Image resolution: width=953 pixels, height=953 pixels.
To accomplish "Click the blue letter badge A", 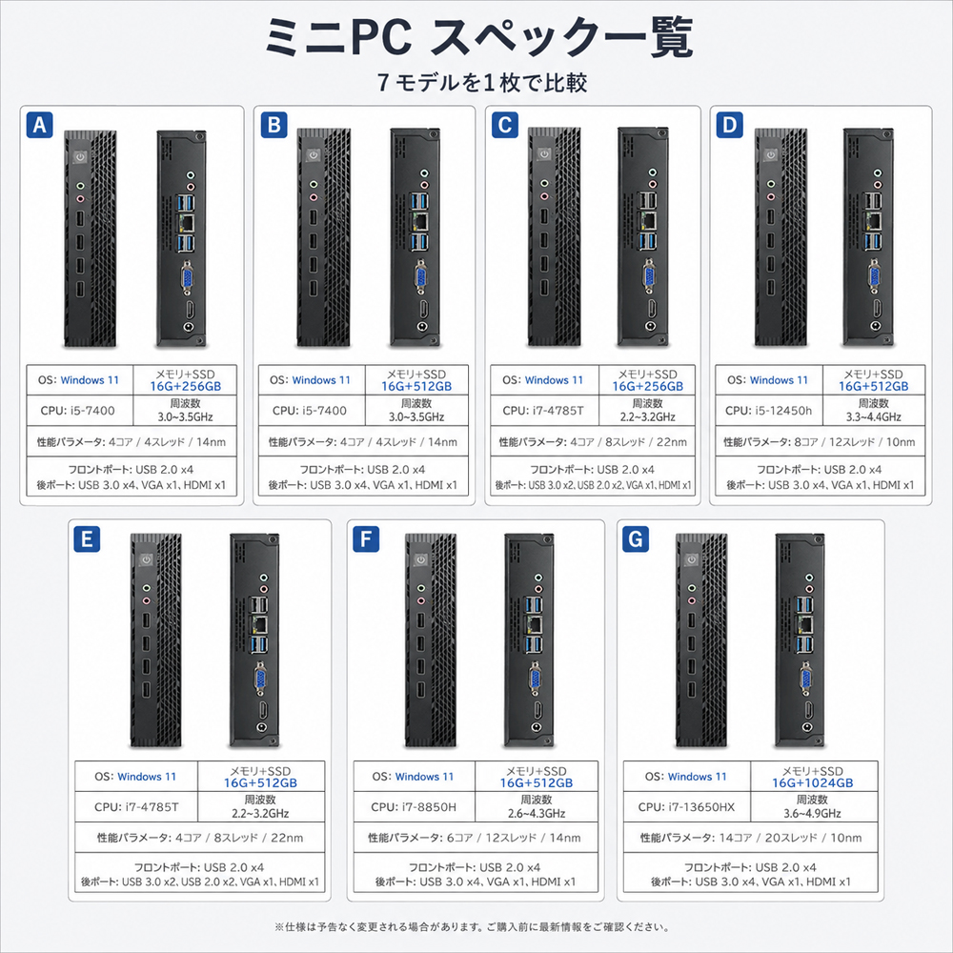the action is tap(39, 125).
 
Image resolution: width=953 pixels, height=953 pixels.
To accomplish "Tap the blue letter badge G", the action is tap(635, 539).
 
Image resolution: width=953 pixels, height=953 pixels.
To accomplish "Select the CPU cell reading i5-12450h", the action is tap(768, 411).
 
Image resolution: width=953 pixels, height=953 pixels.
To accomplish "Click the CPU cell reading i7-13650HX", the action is tap(686, 807).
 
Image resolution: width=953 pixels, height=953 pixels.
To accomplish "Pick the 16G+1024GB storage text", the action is tap(812, 782).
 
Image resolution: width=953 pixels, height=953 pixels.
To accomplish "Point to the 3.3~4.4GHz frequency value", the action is tap(873, 417).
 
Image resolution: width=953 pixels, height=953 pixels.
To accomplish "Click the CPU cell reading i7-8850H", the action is tap(414, 807).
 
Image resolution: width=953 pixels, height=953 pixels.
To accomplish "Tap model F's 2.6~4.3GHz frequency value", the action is tap(536, 813).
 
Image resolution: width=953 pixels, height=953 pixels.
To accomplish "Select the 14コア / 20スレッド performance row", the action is tap(751, 838).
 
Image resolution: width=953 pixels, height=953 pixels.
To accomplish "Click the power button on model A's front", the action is tap(80, 157).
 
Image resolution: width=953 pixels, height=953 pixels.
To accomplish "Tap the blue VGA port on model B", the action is tap(420, 276).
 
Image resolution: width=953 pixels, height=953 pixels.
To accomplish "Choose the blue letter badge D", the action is tap(729, 125).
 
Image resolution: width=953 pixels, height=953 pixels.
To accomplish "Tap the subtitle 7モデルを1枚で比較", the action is tap(482, 82).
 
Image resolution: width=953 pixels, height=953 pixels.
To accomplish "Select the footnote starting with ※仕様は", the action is tap(472, 927).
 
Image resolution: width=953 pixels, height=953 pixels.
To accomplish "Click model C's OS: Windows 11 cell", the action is tap(542, 380).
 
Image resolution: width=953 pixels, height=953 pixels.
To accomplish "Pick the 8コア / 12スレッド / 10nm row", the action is tap(820, 442).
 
